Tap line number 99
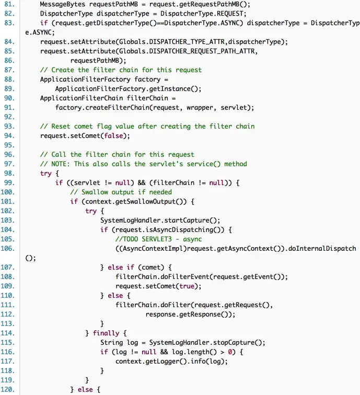[x=8, y=182]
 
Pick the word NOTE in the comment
[x=61, y=164]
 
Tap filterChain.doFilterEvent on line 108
[x=159, y=276]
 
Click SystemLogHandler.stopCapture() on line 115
[x=203, y=342]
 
